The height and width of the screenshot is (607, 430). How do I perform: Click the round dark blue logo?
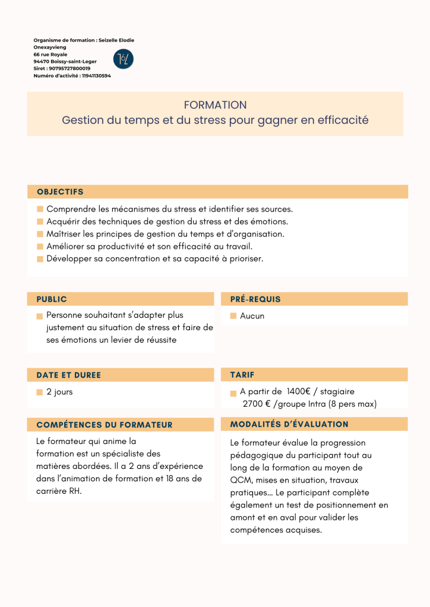[x=123, y=59]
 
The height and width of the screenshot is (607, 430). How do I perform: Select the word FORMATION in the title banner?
[x=215, y=106]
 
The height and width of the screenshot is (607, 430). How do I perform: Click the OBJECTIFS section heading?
[x=60, y=192]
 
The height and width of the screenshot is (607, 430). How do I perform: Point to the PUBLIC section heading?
[x=52, y=299]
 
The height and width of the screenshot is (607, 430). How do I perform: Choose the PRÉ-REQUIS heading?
[x=255, y=299]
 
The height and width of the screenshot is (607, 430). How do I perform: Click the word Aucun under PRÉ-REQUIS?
[x=252, y=316]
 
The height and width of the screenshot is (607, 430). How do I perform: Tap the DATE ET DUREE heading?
[x=68, y=375]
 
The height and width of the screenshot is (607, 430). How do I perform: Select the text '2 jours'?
[x=59, y=392]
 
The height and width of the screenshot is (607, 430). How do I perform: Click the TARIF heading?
[x=242, y=375]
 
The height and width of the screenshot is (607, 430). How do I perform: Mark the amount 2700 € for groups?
[x=256, y=404]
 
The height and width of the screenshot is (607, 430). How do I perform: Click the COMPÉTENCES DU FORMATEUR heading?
[x=105, y=425]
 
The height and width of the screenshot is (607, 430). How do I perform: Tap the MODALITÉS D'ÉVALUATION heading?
[x=289, y=424]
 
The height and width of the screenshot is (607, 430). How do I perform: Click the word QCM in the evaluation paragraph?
[x=240, y=480]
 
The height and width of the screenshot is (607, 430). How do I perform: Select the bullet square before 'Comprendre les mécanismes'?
[x=40, y=209]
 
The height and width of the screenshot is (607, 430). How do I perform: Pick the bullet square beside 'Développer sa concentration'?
[x=40, y=259]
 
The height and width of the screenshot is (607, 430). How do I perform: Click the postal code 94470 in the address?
[x=42, y=62]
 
